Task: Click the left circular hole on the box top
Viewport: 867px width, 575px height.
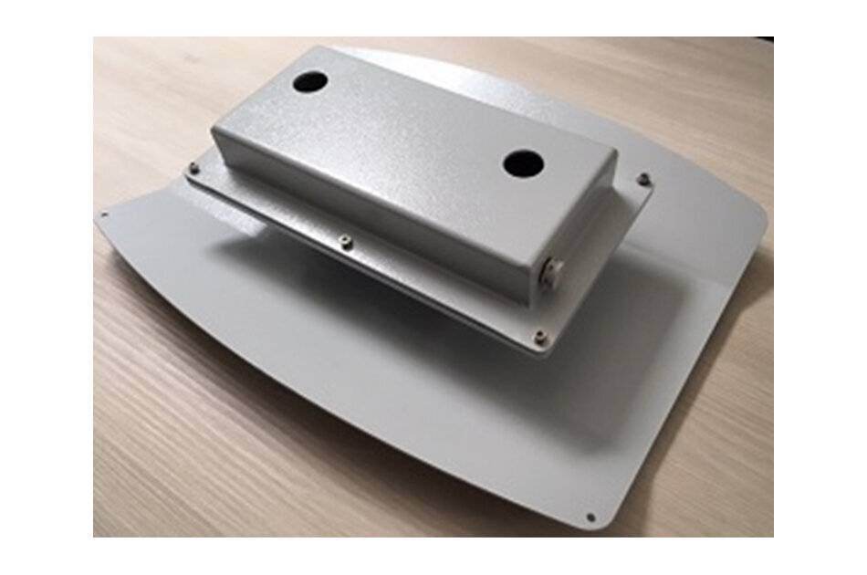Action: (x=309, y=81)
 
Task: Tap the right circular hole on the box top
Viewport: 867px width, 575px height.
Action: (x=523, y=164)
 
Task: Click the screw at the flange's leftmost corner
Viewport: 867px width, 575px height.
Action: (x=194, y=167)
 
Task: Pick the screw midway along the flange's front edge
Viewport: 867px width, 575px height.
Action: (x=344, y=241)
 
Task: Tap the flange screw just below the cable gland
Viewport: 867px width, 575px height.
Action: (x=539, y=338)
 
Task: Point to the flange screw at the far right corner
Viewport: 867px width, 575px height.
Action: (x=643, y=179)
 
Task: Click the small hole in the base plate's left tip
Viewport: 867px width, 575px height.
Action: (x=103, y=216)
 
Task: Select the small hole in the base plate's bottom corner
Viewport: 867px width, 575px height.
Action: (x=590, y=517)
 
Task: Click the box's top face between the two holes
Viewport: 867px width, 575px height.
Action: (x=411, y=123)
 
